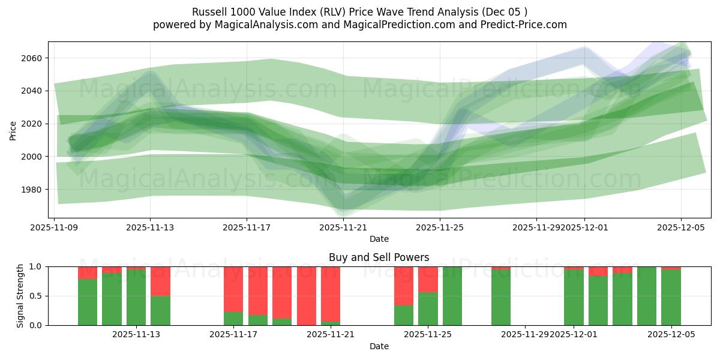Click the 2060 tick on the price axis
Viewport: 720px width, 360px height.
(x=34, y=58)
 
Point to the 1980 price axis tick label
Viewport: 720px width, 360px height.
(x=34, y=190)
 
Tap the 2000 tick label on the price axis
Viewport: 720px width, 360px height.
(x=34, y=157)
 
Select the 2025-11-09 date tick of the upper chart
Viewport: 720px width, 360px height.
(x=55, y=227)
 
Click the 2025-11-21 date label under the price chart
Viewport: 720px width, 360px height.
(x=343, y=227)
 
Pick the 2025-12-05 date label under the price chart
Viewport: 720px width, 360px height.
(x=680, y=227)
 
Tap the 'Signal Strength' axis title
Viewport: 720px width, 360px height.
(x=20, y=296)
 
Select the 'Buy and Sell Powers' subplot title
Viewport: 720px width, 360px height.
(x=379, y=257)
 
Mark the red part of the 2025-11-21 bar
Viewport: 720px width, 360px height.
(x=331, y=293)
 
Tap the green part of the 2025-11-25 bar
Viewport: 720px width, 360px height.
(x=428, y=309)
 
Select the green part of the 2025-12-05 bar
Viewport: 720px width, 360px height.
(x=671, y=298)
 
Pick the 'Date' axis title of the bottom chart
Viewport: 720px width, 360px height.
(x=379, y=346)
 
